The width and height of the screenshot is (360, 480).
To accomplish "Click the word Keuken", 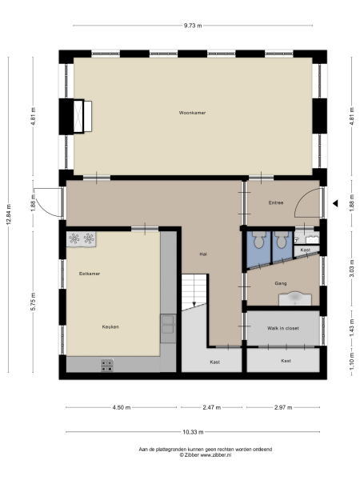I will point(110,326).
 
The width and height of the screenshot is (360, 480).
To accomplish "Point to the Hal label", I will point(204,254).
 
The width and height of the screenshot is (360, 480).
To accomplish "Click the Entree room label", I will point(276,203).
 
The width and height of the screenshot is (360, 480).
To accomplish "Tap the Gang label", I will point(280,283).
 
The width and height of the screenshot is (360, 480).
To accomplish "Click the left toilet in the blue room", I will point(258,238).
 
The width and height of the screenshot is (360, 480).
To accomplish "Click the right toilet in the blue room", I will point(280,238).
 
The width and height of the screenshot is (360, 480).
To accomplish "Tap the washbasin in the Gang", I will point(295,298).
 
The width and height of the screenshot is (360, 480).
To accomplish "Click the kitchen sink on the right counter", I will point(168,324).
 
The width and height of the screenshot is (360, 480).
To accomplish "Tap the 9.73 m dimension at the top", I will point(192,26).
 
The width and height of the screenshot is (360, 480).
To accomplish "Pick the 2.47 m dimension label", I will point(211,407).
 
